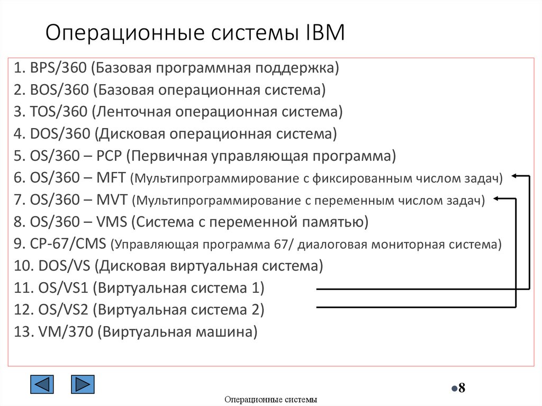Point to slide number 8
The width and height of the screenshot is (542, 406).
click(x=461, y=388)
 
